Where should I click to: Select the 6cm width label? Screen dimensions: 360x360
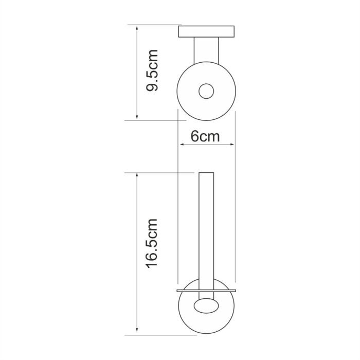tap(205, 136)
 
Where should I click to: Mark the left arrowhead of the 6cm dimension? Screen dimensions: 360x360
tap(181, 145)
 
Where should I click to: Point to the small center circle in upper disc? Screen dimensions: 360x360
tap(206, 91)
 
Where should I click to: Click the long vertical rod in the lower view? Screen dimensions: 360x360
tap(206, 231)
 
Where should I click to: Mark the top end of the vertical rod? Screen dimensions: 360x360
tap(206, 172)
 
